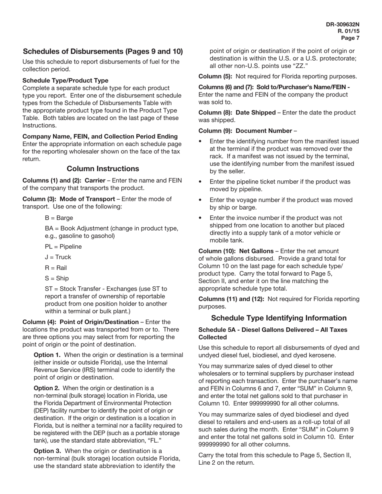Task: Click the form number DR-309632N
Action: (343, 24)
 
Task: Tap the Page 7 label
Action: (350, 38)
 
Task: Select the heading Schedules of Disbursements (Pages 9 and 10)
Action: (103, 51)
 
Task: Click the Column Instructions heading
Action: (103, 169)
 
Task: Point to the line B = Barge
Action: (59, 218)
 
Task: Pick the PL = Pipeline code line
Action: (63, 247)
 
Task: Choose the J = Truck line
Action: (58, 257)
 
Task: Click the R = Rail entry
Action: (56, 268)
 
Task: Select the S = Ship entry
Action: (57, 278)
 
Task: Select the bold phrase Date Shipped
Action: (256, 112)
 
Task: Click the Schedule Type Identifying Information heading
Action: (279, 318)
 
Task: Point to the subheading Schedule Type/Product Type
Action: (65, 80)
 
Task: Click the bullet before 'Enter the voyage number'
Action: (201, 200)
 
